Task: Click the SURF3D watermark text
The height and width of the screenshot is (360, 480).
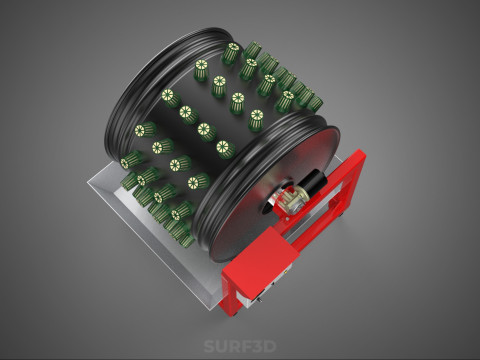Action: coord(240,346)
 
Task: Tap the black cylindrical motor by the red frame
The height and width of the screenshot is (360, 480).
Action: coord(312,182)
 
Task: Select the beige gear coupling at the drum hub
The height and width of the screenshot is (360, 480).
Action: coord(293,199)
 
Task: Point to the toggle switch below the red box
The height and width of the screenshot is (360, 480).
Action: coord(259,301)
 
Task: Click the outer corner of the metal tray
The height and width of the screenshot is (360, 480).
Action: coord(88,182)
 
